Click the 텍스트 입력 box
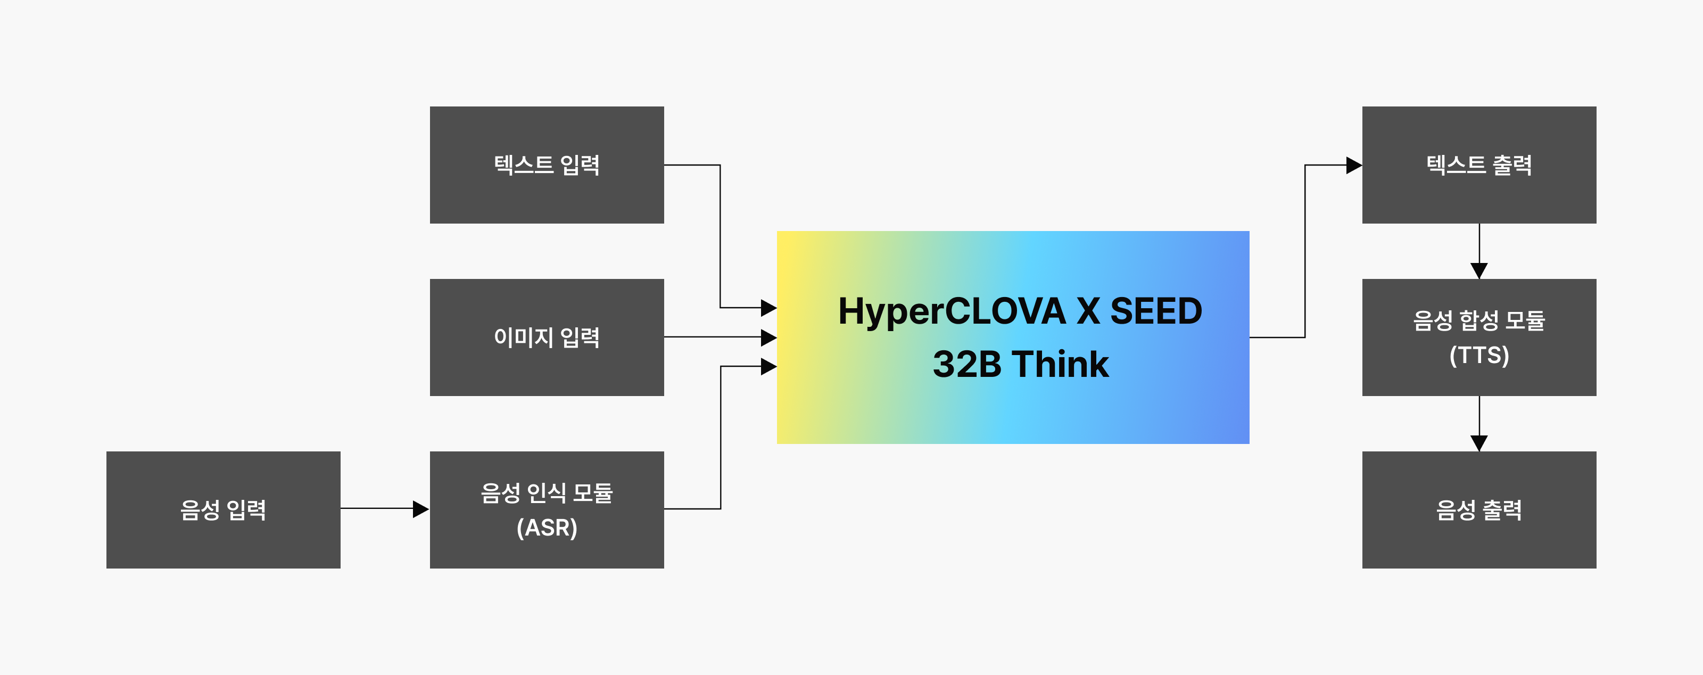(547, 164)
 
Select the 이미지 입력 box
(547, 337)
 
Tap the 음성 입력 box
(223, 510)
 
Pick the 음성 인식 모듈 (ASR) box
(547, 510)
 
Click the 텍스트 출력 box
(1479, 164)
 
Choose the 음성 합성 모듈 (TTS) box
(1479, 337)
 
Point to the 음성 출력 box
(1479, 510)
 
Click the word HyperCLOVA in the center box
(952, 312)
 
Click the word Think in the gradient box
(1061, 364)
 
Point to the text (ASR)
(547, 528)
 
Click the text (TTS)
(1479, 356)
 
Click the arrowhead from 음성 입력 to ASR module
(420, 509)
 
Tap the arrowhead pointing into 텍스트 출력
(1353, 165)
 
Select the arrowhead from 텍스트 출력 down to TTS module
(1479, 270)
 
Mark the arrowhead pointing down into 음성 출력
(1479, 443)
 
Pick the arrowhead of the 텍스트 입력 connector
(768, 307)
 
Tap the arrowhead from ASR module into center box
(768, 366)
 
